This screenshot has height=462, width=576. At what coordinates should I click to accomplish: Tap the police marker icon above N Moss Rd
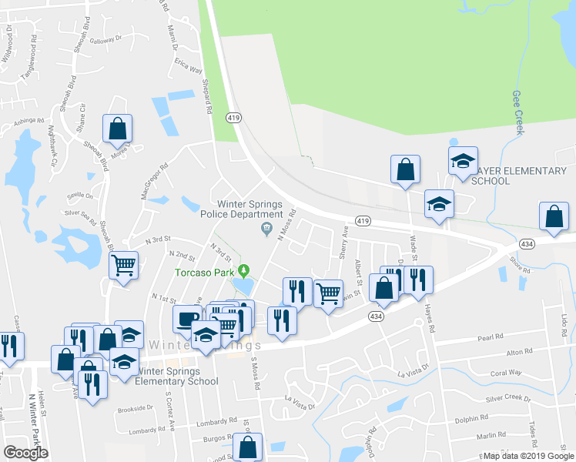267,227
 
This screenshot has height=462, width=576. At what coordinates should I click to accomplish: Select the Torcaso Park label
205,272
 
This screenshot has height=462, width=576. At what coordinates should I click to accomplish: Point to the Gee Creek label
517,112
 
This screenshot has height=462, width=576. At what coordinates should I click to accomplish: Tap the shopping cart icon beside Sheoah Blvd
123,266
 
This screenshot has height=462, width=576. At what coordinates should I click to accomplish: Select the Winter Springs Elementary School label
176,376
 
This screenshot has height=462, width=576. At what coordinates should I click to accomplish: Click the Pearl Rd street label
490,336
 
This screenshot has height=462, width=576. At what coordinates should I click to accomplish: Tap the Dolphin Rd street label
472,417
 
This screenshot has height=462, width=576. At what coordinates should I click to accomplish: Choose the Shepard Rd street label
206,96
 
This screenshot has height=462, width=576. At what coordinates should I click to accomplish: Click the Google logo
25,453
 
